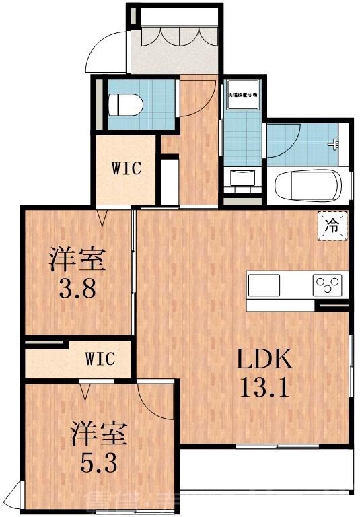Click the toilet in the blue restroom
point(127,104)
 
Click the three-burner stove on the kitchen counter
point(328,285)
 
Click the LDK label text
point(263,359)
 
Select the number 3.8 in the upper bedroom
point(79,290)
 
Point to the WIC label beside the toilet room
point(127,168)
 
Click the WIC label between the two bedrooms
point(100,358)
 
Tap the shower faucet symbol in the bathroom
point(332,143)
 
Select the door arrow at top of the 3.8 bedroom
point(102,217)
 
